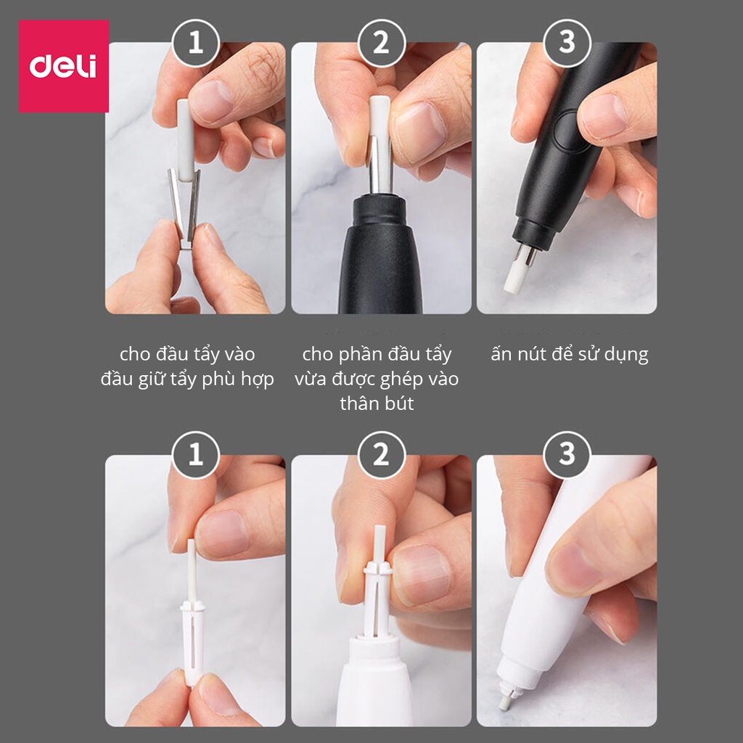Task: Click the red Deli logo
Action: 64,66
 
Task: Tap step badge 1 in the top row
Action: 196,43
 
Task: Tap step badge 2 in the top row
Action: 382,43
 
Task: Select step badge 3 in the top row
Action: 567,43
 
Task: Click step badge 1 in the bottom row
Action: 196,455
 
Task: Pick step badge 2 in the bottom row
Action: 382,455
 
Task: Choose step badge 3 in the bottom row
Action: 567,455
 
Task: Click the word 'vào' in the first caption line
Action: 240,354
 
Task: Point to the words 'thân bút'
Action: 377,403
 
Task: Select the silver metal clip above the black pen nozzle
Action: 380,165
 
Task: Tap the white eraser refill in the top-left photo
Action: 185,139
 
